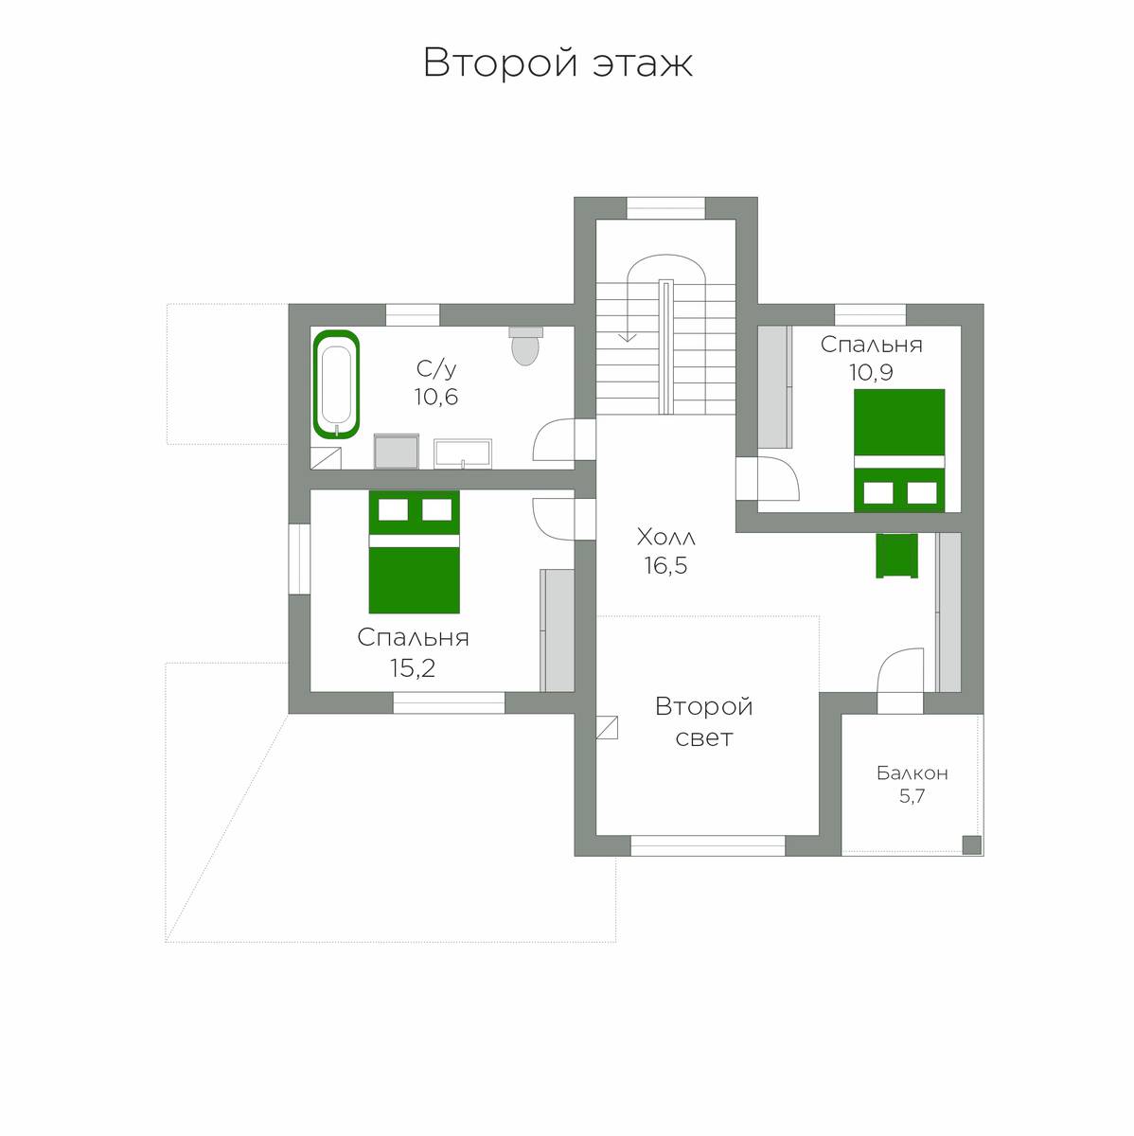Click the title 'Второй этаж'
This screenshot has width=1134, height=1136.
(558, 62)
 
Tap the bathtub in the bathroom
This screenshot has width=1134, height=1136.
(336, 384)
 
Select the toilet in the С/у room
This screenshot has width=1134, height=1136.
(525, 346)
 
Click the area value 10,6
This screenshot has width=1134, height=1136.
(435, 397)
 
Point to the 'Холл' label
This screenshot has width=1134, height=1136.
(665, 537)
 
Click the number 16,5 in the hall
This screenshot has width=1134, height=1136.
(665, 565)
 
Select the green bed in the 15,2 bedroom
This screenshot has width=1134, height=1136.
(414, 552)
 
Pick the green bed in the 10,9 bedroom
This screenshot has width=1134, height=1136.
(899, 451)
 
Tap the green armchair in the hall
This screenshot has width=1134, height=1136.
(897, 556)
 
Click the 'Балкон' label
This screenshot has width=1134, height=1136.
(913, 772)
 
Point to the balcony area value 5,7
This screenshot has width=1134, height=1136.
(912, 796)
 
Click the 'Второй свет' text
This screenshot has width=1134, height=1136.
(703, 721)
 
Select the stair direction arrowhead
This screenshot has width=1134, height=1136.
(628, 337)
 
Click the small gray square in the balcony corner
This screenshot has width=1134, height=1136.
(972, 845)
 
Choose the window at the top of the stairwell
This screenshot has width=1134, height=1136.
(665, 208)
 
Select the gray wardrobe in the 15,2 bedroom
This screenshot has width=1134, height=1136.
(558, 630)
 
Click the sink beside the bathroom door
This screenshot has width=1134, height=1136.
(462, 454)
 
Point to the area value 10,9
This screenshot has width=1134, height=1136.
(871, 372)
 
